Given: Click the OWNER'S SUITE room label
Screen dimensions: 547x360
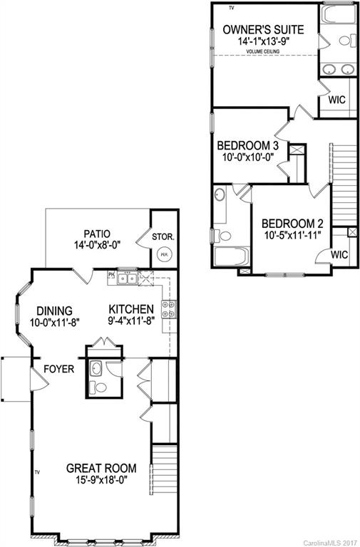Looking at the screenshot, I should pyautogui.click(x=263, y=29).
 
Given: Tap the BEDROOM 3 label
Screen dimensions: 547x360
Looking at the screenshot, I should pyautogui.click(x=247, y=146).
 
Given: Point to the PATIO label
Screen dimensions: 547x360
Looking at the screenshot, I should pyautogui.click(x=97, y=233).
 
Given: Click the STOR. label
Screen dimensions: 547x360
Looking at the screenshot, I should pyautogui.click(x=164, y=236).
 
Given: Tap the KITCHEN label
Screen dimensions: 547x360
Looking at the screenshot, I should pyautogui.click(x=131, y=309).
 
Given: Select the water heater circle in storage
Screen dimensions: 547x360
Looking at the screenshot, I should pyautogui.click(x=163, y=253).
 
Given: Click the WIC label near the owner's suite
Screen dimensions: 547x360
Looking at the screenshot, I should pyautogui.click(x=336, y=100).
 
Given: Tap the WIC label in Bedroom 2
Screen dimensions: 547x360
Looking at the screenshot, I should pyautogui.click(x=339, y=255).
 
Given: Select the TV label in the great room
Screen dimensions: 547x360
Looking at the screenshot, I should pyautogui.click(x=38, y=472).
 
